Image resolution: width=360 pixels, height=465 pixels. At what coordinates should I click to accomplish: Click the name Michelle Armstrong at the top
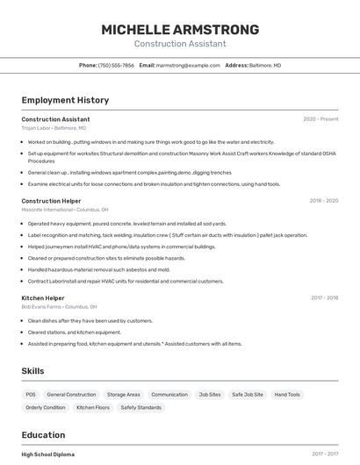tap(180, 29)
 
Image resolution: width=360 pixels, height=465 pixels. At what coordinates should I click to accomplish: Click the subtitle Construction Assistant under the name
tap(180, 44)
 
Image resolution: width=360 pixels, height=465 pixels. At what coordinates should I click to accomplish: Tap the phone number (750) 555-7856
tap(116, 65)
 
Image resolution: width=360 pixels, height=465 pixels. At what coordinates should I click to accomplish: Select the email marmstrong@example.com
tap(188, 65)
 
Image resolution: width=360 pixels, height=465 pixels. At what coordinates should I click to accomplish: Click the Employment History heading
tap(65, 100)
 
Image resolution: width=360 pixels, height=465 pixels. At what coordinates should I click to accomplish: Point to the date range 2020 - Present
tap(320, 119)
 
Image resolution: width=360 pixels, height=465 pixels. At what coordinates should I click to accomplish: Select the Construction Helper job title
tap(51, 201)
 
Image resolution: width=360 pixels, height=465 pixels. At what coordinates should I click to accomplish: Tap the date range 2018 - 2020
tap(323, 201)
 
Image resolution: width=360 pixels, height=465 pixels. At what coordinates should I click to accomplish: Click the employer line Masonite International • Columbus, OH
tap(65, 210)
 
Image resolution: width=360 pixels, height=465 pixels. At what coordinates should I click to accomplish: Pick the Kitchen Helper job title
tap(44, 298)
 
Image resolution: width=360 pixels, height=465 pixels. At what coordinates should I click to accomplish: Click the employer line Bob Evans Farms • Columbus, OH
tap(59, 307)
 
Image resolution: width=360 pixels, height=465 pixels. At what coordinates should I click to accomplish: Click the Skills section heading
tap(32, 371)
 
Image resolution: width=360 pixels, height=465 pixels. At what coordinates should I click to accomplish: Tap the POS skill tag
tap(31, 395)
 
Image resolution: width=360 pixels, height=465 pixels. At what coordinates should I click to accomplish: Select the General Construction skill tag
tap(71, 395)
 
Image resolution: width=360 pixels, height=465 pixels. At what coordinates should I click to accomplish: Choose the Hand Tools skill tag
tap(287, 395)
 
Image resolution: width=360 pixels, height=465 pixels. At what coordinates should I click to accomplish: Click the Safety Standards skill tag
tap(140, 408)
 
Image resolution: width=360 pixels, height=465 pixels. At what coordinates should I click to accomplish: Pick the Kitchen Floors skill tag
tap(93, 408)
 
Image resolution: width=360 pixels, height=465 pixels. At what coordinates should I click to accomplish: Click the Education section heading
tap(43, 435)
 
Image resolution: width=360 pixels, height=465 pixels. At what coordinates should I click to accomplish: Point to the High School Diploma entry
tap(48, 454)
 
